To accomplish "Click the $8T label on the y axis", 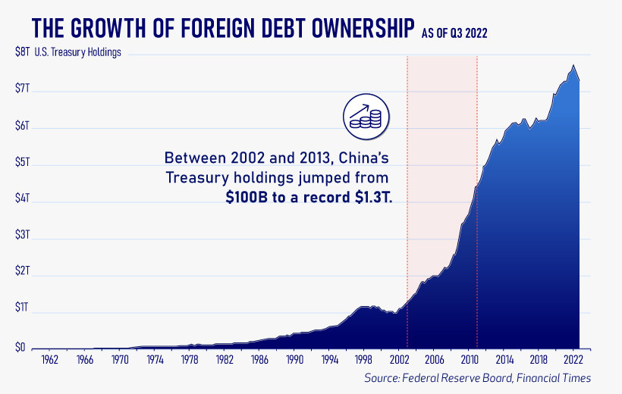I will pos(22,53).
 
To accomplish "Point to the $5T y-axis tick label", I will pos(22,163).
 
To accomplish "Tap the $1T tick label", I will pos(22,308).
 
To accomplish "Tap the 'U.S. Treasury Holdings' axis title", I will pos(80,53).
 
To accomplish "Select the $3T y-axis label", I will pos(22,236).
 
